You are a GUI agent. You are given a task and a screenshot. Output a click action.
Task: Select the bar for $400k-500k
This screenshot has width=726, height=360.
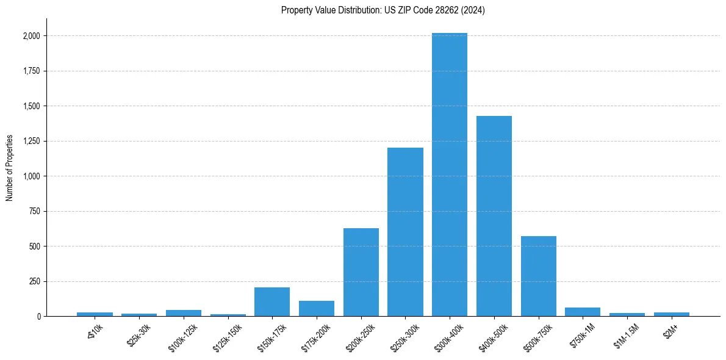pos(494,216)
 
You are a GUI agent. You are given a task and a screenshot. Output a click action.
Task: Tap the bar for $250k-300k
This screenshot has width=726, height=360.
pos(405,232)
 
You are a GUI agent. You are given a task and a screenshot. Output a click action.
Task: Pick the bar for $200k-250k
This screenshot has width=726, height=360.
pos(361,272)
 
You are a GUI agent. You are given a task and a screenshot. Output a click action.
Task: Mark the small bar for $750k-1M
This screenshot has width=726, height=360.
pos(583,312)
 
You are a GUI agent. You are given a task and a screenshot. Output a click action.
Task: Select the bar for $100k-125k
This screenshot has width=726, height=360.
pos(184,313)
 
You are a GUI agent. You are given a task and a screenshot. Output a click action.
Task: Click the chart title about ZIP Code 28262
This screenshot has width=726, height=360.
pos(383,10)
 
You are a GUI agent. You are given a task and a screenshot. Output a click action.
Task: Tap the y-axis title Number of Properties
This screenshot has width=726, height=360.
pos(10,167)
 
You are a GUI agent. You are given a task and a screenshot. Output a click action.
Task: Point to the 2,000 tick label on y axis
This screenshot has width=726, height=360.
pos(31,36)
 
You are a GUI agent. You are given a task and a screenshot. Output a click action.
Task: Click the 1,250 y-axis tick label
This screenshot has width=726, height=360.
pos(31,141)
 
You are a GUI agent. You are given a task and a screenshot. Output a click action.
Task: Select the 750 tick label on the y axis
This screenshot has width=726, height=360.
pos(35,211)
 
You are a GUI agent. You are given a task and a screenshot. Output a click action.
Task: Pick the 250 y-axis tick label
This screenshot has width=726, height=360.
pos(35,281)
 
